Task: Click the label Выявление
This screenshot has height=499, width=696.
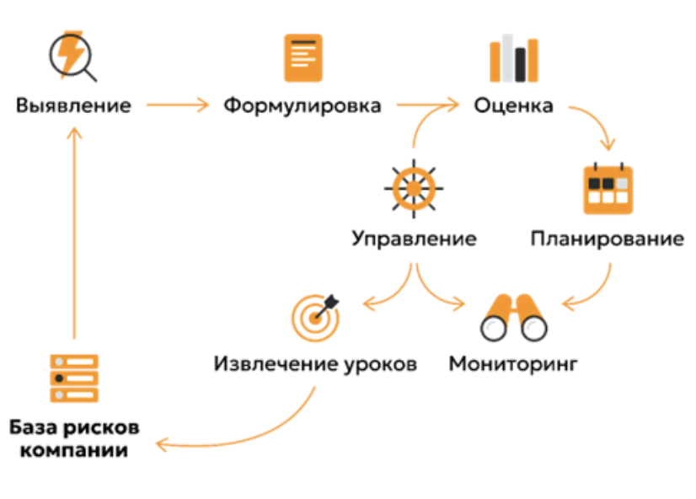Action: click(x=73, y=106)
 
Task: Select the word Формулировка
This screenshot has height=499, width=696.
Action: click(x=302, y=106)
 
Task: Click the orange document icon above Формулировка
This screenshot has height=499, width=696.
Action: click(x=302, y=57)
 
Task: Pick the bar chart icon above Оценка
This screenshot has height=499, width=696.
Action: click(x=513, y=57)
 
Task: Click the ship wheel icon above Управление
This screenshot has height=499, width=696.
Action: click(x=413, y=187)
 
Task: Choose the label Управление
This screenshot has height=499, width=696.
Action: click(x=413, y=239)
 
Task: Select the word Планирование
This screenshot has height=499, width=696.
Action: click(x=607, y=239)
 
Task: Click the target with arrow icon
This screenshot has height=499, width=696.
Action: click(x=315, y=315)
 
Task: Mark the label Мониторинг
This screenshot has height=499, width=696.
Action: click(x=513, y=365)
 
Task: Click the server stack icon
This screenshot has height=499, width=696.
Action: click(x=74, y=378)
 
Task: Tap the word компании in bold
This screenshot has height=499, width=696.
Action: click(x=74, y=450)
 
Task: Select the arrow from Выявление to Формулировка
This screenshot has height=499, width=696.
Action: click(x=177, y=106)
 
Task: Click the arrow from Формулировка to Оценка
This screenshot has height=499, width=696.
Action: click(x=427, y=106)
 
